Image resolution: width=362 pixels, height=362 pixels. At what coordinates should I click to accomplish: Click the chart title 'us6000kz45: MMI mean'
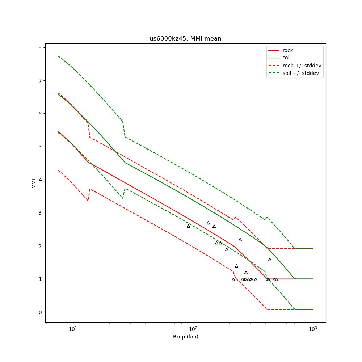coord(185,39)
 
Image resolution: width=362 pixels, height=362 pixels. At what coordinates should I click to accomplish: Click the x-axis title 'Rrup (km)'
coord(185,337)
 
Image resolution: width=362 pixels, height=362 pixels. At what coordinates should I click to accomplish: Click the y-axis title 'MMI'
coord(34,183)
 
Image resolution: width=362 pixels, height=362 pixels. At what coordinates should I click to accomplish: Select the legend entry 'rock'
coord(288,50)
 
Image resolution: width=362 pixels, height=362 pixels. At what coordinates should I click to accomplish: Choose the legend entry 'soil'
coord(287,58)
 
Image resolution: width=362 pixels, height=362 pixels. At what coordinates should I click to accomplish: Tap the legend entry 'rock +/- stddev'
coord(302,66)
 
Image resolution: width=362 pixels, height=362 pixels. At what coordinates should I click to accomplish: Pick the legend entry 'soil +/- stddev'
coord(302,73)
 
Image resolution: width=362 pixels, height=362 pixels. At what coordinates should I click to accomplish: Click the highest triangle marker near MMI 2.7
coord(208,223)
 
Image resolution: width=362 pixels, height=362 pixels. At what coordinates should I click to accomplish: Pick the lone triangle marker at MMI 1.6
coord(270,259)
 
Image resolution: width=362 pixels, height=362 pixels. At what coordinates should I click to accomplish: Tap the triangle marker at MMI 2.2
coord(240,239)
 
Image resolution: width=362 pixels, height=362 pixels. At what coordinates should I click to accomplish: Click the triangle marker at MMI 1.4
coord(236,266)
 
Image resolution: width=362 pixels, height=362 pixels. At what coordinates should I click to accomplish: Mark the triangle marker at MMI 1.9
coord(227,249)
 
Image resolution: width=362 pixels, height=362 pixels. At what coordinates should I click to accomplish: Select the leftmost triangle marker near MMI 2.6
coord(188,226)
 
